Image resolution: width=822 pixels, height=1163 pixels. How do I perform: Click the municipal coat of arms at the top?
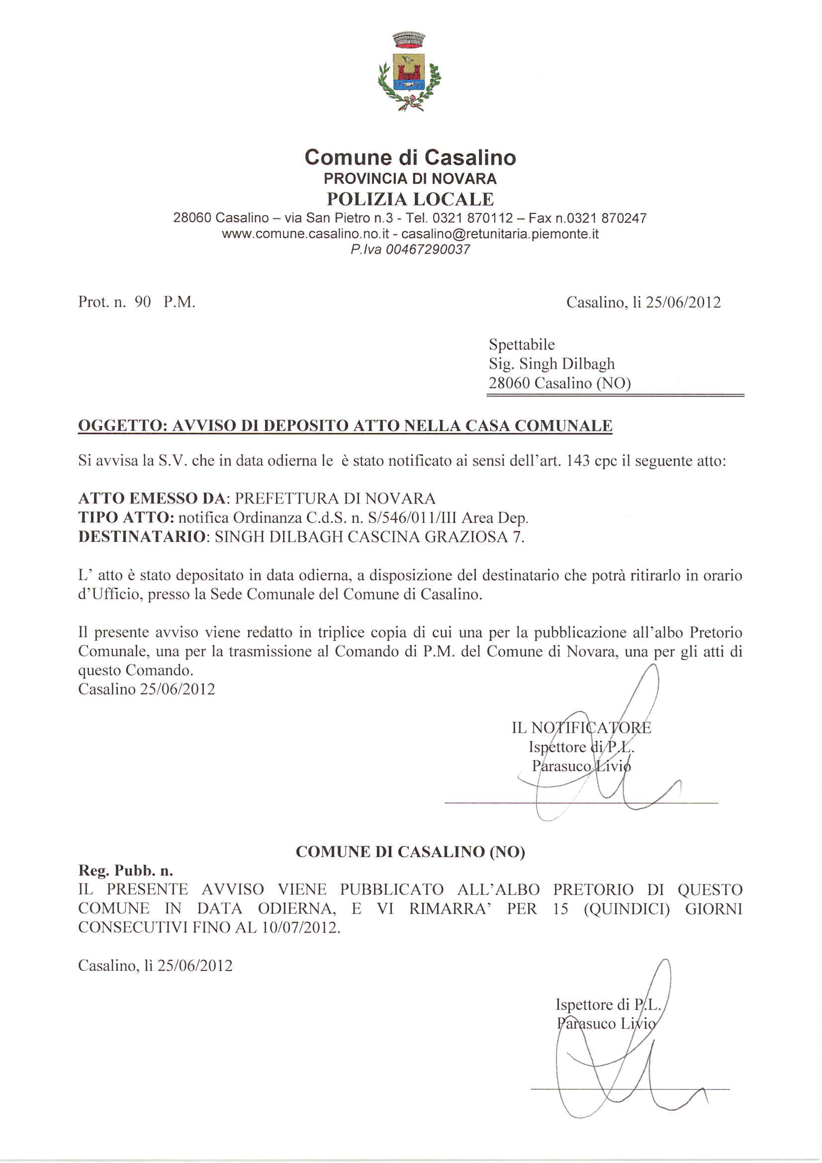(410, 72)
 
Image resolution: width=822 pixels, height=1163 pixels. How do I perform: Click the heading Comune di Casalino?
(410, 158)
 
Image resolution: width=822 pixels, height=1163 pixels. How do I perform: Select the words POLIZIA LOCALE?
(410, 199)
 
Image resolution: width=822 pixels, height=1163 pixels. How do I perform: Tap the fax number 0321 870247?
(606, 218)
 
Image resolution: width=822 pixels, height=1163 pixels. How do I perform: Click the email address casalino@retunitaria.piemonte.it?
(500, 234)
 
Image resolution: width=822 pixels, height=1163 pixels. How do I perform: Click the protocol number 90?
(143, 302)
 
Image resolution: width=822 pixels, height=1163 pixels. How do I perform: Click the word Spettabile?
(522, 344)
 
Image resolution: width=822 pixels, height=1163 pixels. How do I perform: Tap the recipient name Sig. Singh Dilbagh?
(551, 364)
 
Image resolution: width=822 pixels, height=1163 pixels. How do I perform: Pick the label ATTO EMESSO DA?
(152, 498)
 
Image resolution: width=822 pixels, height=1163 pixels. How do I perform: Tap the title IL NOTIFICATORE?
(581, 728)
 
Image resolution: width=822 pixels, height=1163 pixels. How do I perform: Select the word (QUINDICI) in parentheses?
(627, 909)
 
